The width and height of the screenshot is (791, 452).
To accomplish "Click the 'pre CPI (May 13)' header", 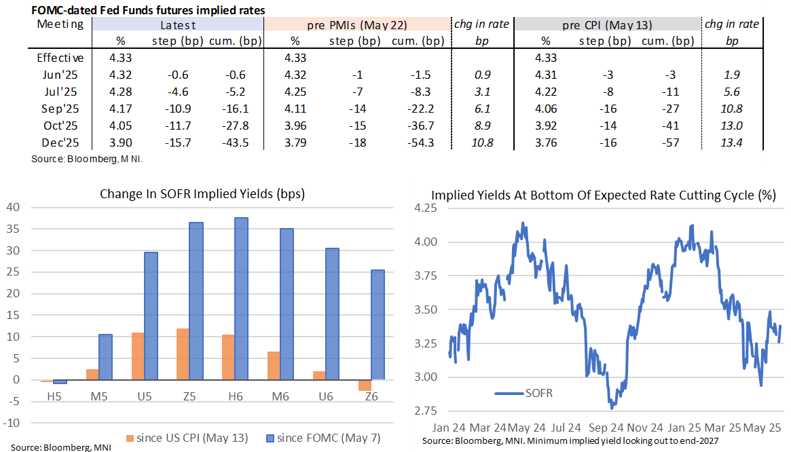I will [607, 25].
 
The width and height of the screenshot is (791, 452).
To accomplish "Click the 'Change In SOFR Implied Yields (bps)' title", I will [202, 193].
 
